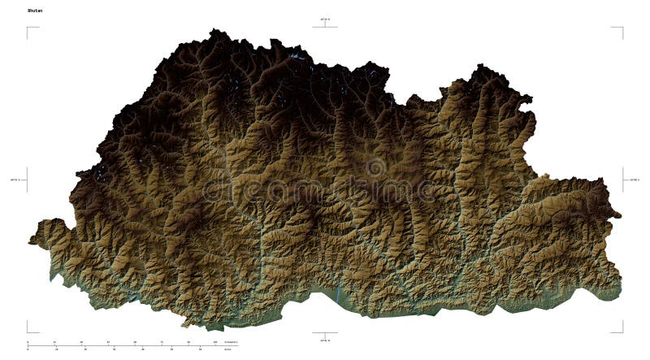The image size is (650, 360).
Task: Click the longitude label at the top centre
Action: (x=325, y=18)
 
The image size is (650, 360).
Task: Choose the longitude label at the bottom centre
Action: (x=325, y=340)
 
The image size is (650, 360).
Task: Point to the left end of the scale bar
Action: (x=28, y=346)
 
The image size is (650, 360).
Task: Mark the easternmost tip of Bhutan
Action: (x=621, y=216)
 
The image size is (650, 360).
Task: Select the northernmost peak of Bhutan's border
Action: (x=215, y=30)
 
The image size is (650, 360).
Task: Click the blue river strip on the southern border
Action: (x=337, y=291)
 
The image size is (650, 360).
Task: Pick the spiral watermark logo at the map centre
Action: (x=376, y=168)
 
